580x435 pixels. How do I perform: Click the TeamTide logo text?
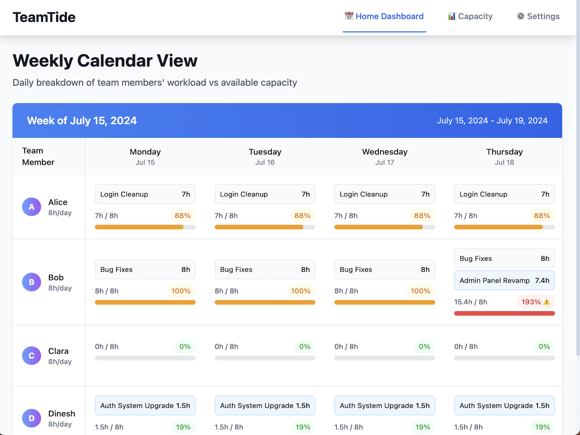click(x=44, y=17)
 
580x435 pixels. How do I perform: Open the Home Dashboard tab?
click(x=384, y=16)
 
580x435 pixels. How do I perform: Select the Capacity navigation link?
click(x=470, y=16)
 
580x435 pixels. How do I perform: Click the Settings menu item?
click(x=538, y=16)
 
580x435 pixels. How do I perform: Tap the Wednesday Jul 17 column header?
click(x=385, y=157)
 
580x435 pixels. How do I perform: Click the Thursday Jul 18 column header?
click(x=504, y=157)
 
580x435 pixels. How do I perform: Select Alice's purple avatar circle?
click(x=32, y=207)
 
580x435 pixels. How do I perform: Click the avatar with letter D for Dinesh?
click(x=32, y=418)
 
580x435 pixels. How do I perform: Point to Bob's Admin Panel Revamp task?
click(x=504, y=281)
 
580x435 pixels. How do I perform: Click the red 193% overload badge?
click(x=535, y=302)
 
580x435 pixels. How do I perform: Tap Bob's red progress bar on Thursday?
click(x=504, y=314)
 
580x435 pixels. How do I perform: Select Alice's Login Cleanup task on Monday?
click(x=145, y=194)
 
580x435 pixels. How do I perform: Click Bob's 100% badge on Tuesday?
click(x=301, y=291)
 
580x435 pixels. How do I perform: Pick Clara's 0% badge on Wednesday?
click(x=424, y=347)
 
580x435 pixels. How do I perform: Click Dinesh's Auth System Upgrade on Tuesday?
click(x=265, y=406)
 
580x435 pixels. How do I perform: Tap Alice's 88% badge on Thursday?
click(x=542, y=216)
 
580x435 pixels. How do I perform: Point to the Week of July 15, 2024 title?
click(x=82, y=121)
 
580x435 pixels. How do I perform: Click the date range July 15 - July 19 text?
click(x=492, y=121)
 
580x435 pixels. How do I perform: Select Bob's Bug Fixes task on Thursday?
click(x=504, y=258)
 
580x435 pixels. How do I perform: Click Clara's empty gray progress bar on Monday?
click(x=145, y=358)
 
